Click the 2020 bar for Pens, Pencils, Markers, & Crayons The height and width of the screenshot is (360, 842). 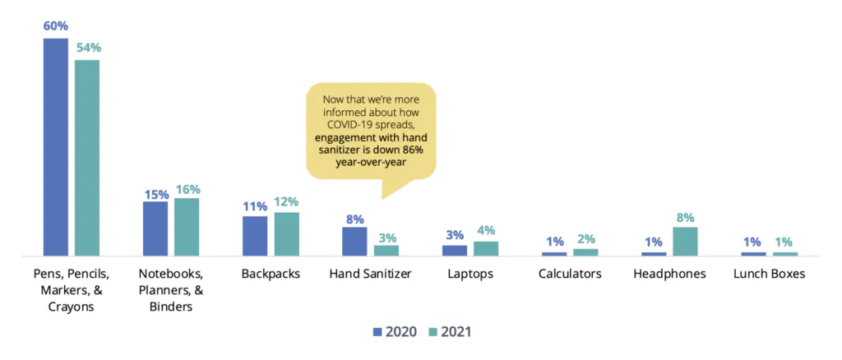(56, 148)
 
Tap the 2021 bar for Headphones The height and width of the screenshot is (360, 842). (685, 241)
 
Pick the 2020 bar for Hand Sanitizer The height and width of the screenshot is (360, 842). (354, 241)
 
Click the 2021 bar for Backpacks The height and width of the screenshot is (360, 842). (286, 234)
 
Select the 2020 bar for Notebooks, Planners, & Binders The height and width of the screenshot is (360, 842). (155, 228)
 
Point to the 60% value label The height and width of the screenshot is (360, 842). (56, 26)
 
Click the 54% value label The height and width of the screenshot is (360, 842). (88, 48)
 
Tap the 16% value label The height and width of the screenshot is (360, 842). (187, 189)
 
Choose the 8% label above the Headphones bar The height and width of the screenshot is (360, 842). (686, 218)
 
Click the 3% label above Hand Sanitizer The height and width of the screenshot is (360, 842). (386, 237)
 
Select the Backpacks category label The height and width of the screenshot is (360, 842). (271, 274)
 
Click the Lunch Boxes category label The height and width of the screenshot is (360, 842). (769, 274)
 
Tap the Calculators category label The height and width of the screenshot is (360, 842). (570, 274)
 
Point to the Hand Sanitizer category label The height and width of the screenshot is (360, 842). (370, 274)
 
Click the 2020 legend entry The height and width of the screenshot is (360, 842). (395, 332)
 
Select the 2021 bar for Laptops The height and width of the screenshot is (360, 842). (486, 247)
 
